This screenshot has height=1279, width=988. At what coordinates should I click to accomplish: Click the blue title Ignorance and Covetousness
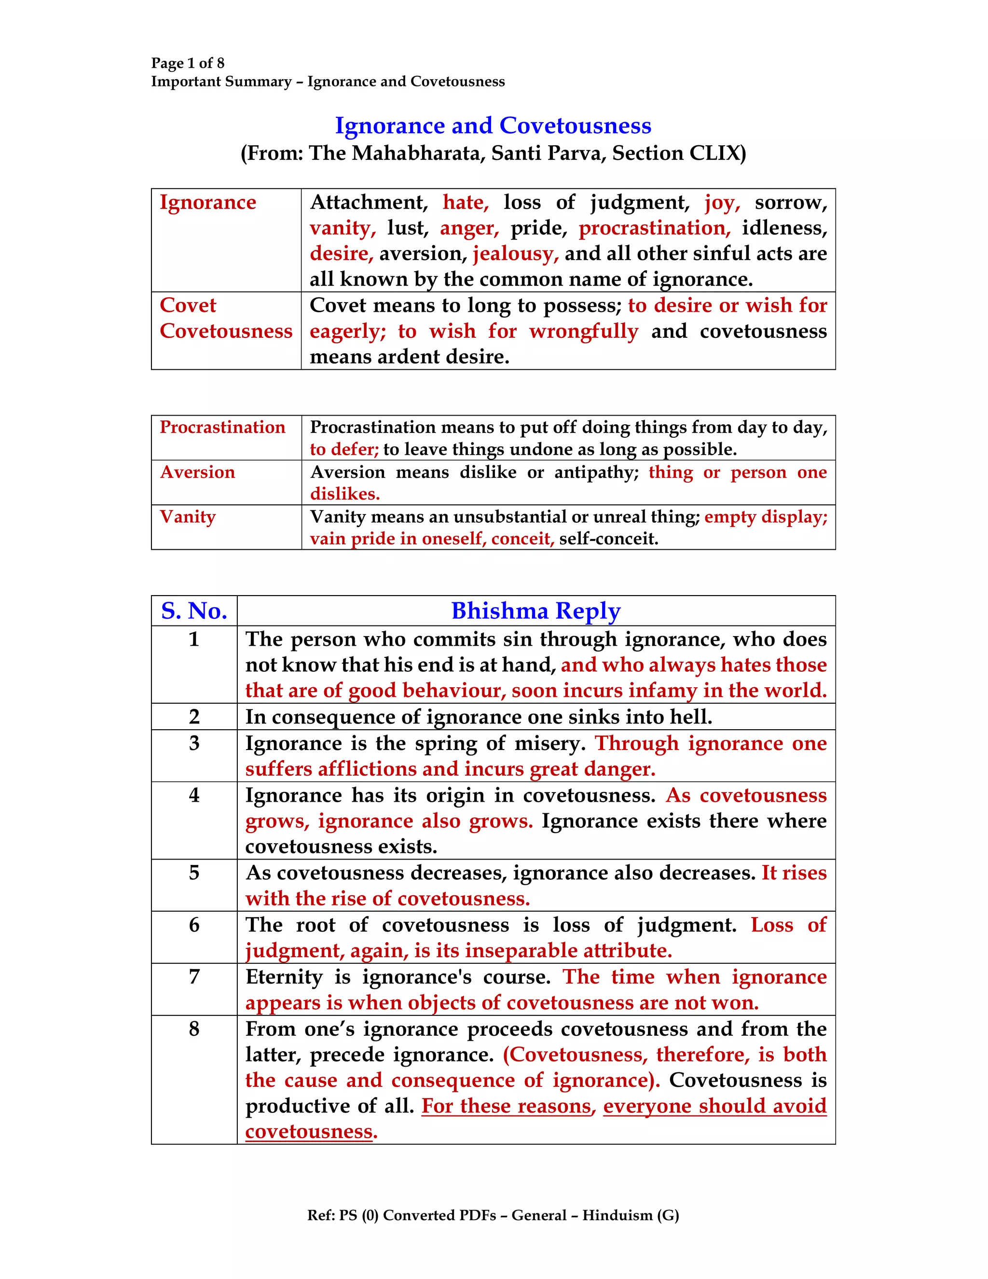click(x=493, y=126)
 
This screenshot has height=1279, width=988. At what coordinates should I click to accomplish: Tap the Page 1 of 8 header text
click(x=187, y=63)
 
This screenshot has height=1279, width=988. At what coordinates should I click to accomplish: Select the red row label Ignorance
click(x=208, y=202)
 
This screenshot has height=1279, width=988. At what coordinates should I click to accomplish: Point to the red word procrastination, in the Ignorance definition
click(x=654, y=228)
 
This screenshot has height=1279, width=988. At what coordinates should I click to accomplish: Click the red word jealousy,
click(x=516, y=253)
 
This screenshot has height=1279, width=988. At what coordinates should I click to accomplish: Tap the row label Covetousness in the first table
click(x=226, y=331)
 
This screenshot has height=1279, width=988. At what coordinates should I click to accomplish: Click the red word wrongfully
click(x=584, y=331)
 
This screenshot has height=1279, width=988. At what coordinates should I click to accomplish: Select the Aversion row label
click(x=197, y=472)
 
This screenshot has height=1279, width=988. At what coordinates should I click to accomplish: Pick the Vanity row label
click(x=188, y=516)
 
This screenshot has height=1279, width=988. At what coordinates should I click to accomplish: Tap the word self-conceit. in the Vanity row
click(x=609, y=539)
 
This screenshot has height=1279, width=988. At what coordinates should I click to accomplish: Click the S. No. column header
click(x=194, y=611)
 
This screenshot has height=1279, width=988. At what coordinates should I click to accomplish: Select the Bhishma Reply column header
click(x=535, y=611)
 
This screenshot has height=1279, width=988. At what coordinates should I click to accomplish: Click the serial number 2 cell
click(x=194, y=717)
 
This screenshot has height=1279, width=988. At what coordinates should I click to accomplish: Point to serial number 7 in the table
click(x=194, y=977)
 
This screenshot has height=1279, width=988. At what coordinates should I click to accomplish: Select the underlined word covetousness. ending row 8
click(x=311, y=1131)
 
